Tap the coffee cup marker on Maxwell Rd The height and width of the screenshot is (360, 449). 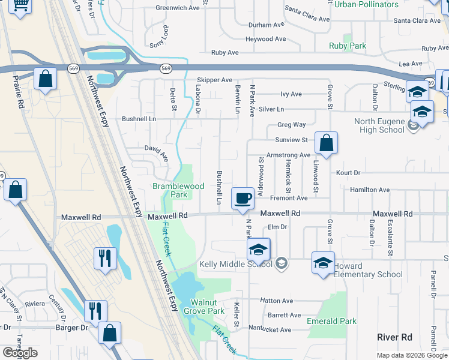243,198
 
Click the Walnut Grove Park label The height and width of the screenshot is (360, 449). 207,307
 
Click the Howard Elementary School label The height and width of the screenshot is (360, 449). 368,270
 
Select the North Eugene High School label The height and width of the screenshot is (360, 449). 379,125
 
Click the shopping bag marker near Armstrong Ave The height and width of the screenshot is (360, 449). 326,143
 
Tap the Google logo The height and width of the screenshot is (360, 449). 20,353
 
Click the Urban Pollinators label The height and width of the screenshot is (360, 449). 366,5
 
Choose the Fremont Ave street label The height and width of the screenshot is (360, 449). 289,198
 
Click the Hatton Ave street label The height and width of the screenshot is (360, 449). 276,301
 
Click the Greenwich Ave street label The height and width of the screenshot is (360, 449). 177,8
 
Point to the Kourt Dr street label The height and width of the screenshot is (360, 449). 348,173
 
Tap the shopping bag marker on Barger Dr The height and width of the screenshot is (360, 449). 110,333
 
